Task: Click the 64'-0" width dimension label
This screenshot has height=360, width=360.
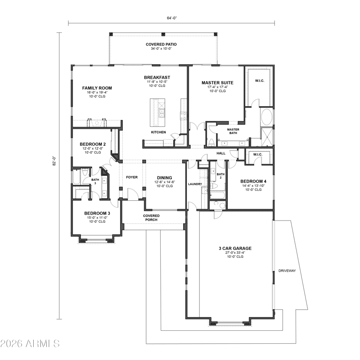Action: click(172, 18)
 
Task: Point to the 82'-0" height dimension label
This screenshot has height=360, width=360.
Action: click(54, 161)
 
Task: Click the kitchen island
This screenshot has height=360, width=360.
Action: click(157, 112)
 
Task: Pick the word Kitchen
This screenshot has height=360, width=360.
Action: click(158, 132)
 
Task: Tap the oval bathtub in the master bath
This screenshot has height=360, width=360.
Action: click(266, 117)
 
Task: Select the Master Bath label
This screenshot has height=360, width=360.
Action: click(233, 131)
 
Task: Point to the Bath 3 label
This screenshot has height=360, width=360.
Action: click(95, 181)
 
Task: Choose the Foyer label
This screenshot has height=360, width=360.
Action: click(132, 177)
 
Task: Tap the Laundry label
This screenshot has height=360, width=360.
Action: click(195, 184)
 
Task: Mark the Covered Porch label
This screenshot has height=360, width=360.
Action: click(151, 218)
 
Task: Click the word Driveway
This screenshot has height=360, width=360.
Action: click(287, 271)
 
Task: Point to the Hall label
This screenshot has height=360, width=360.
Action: click(221, 153)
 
